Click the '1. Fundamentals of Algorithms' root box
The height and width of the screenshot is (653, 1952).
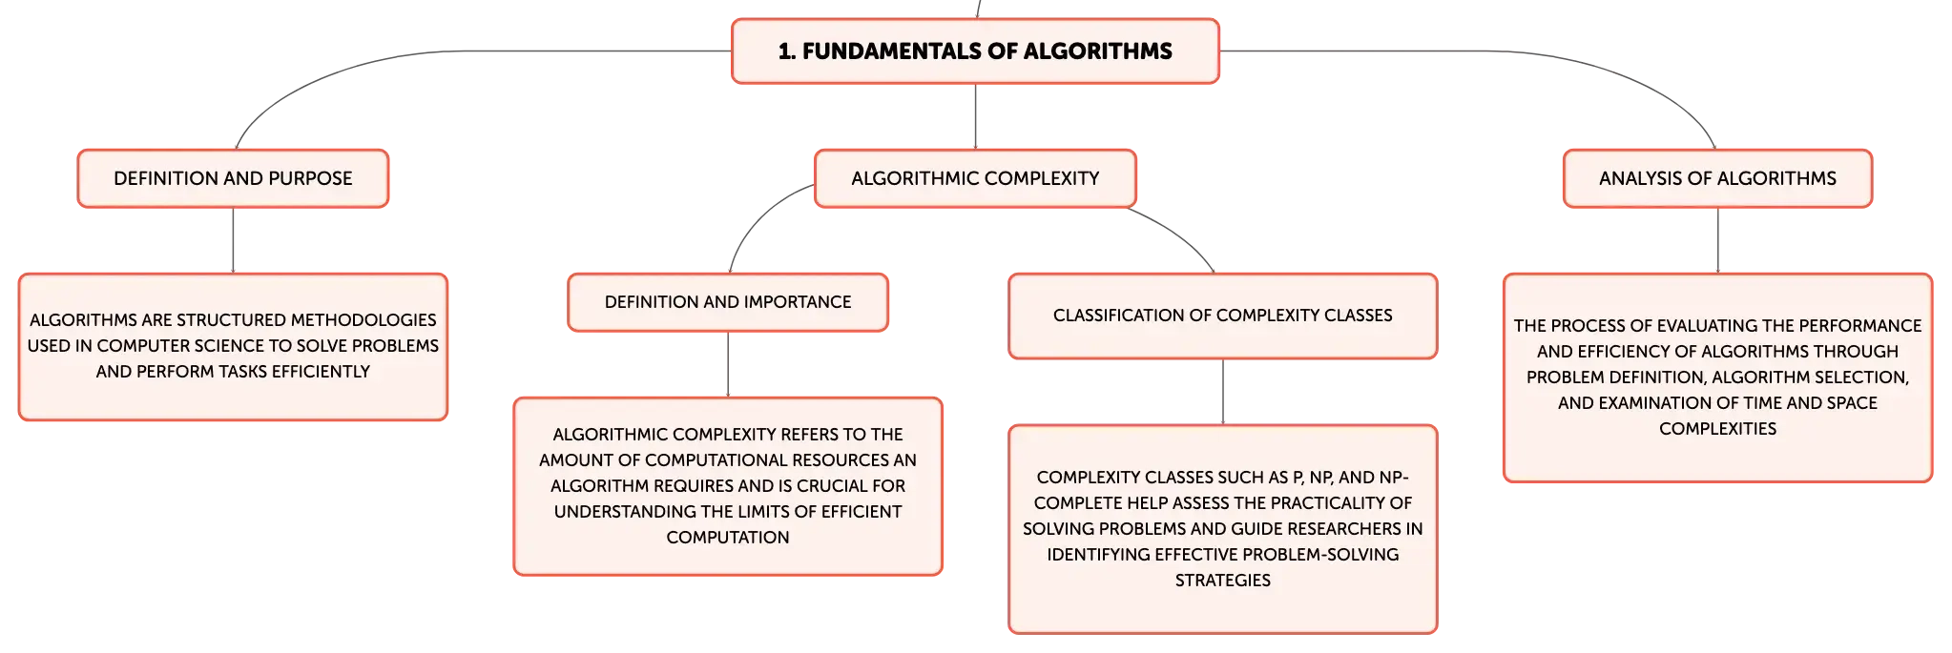[975, 51]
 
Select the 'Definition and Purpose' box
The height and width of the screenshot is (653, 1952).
[233, 178]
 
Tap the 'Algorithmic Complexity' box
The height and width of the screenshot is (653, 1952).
[975, 178]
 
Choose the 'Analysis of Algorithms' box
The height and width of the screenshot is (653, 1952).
[1717, 178]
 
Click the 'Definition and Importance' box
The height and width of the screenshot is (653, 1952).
[728, 302]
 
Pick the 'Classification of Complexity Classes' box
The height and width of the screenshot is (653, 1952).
[1223, 316]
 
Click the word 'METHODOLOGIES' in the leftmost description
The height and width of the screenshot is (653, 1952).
[363, 320]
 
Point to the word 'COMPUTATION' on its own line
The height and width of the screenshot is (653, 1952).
[728, 538]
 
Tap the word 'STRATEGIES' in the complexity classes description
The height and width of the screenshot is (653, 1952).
[1223, 581]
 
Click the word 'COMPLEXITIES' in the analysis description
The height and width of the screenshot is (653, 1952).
[1717, 429]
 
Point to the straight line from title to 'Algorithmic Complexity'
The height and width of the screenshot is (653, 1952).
[975, 116]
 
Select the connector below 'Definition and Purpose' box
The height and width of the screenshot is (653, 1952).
[233, 240]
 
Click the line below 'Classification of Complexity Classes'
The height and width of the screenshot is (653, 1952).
[1223, 392]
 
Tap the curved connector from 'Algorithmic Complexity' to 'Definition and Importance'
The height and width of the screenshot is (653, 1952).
[758, 215]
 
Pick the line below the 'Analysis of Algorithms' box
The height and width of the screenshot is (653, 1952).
[1717, 240]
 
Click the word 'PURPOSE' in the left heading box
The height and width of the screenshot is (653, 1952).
[310, 178]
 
